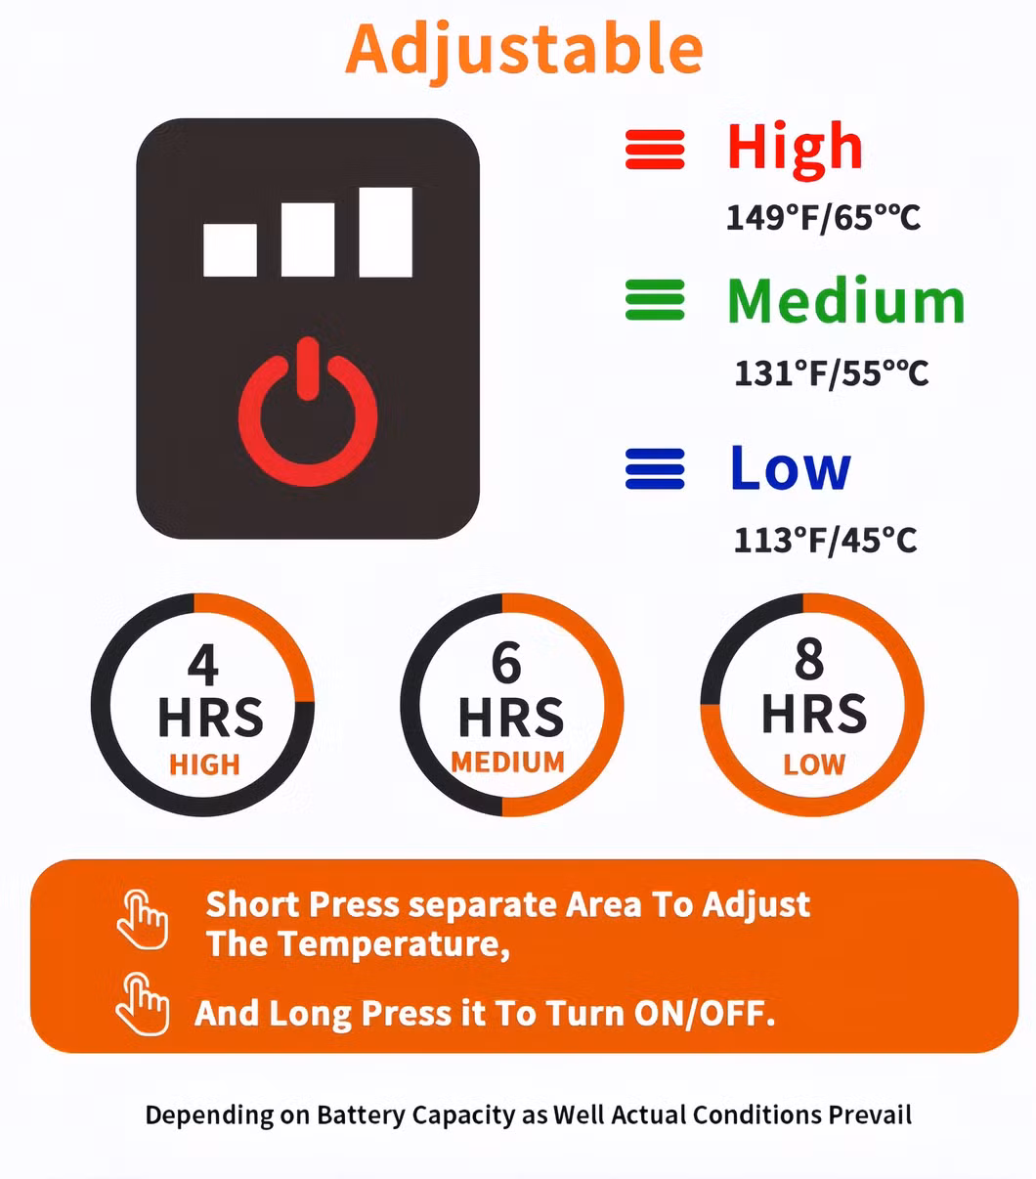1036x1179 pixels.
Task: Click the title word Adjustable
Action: pyautogui.click(x=524, y=51)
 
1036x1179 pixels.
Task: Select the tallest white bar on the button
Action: pyautogui.click(x=386, y=233)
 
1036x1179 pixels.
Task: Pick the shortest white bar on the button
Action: pyautogui.click(x=230, y=250)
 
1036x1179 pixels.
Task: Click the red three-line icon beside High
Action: pyautogui.click(x=655, y=149)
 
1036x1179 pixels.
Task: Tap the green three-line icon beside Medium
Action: pyautogui.click(x=655, y=300)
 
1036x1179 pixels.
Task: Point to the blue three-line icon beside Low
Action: pyautogui.click(x=655, y=469)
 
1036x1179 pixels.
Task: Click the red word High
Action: pyautogui.click(x=795, y=151)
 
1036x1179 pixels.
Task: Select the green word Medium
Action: pyautogui.click(x=846, y=300)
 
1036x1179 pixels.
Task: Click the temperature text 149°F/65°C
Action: pyautogui.click(x=823, y=218)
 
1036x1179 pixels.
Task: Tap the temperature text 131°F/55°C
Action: pyautogui.click(x=831, y=373)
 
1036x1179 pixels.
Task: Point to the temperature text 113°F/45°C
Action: pyautogui.click(x=826, y=541)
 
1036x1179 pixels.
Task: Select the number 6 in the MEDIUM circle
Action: pyautogui.click(x=506, y=663)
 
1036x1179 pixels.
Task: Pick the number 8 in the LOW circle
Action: pyautogui.click(x=809, y=658)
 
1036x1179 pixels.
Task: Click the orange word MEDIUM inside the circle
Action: pyautogui.click(x=508, y=762)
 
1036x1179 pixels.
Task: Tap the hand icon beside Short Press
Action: pyautogui.click(x=143, y=920)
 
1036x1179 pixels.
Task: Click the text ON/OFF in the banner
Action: pyautogui.click(x=705, y=1013)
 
